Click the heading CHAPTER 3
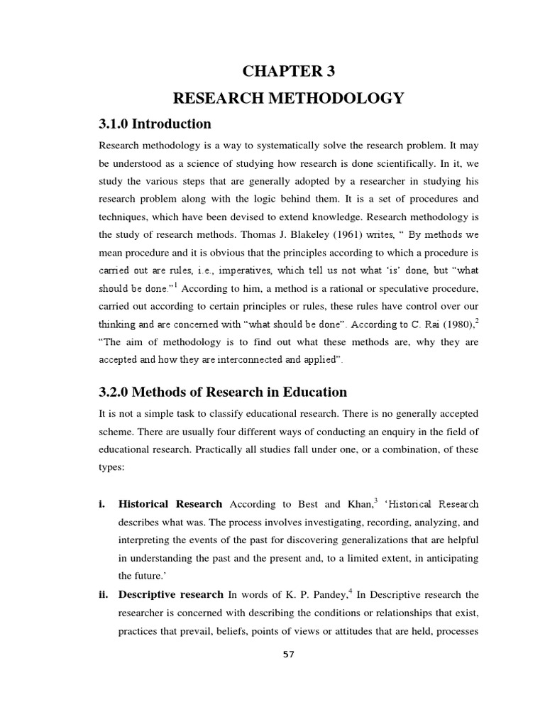(287, 72)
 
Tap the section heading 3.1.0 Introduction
(155, 124)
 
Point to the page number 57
(288, 654)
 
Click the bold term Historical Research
(170, 504)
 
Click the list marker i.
(101, 504)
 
